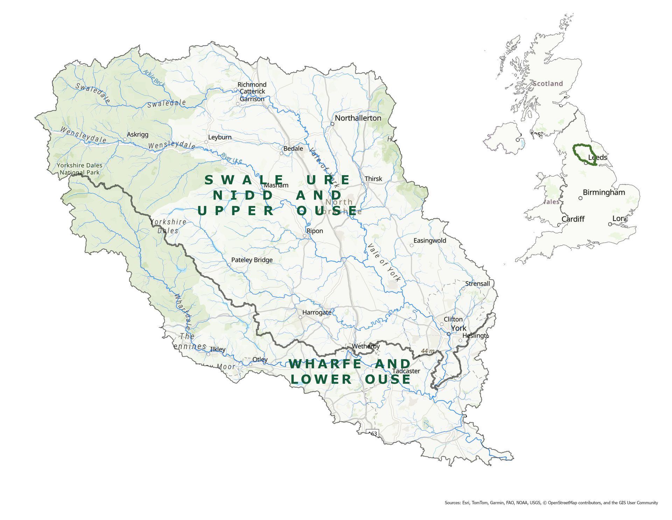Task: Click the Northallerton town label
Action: pyautogui.click(x=358, y=118)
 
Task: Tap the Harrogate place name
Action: pyautogui.click(x=316, y=312)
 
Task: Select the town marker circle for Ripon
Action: pyautogui.click(x=304, y=236)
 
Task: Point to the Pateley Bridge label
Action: pyautogui.click(x=252, y=260)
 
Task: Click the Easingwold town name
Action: pyautogui.click(x=429, y=241)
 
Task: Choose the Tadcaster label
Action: pyautogui.click(x=406, y=371)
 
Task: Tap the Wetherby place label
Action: pyautogui.click(x=365, y=347)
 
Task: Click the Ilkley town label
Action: pyautogui.click(x=217, y=349)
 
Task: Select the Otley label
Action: pyautogui.click(x=260, y=360)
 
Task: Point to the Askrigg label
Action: pyautogui.click(x=137, y=135)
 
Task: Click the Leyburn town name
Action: pyautogui.click(x=219, y=137)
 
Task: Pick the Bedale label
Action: pyautogui.click(x=293, y=149)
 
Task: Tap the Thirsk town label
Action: pyautogui.click(x=373, y=179)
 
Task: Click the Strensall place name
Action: pyautogui.click(x=477, y=283)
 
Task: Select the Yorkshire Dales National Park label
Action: pyautogui.click(x=79, y=169)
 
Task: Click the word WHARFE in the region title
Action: pyautogui.click(x=325, y=364)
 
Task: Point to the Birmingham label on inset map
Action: pyautogui.click(x=603, y=192)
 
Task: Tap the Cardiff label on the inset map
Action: pyautogui.click(x=573, y=219)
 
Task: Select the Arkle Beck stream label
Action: pyautogui.click(x=153, y=77)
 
